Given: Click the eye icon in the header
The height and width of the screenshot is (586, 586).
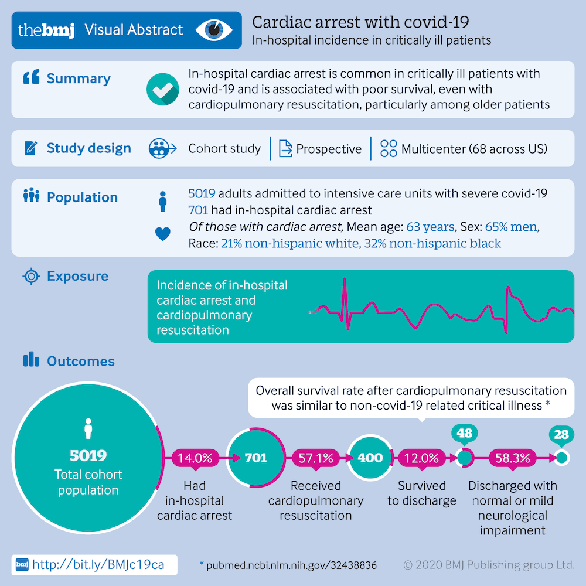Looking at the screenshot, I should click(213, 30).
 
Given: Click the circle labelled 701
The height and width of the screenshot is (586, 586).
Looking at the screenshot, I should click(255, 458).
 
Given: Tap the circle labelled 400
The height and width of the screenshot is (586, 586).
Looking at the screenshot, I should click(370, 458).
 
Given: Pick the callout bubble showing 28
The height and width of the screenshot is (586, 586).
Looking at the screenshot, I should click(561, 434).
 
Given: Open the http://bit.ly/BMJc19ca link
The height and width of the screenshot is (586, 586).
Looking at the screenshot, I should click(98, 564).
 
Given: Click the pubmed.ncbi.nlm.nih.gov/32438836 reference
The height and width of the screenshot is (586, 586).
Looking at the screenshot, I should click(291, 565).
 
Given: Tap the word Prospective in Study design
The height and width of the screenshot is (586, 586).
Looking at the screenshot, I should click(328, 149).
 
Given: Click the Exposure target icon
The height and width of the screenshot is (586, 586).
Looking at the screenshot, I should click(31, 276).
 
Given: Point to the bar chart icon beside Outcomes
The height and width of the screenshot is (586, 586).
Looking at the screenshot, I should click(30, 360).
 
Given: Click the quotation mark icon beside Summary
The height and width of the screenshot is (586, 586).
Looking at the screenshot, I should click(31, 78).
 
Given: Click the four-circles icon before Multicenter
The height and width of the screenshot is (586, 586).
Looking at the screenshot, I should click(389, 149).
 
